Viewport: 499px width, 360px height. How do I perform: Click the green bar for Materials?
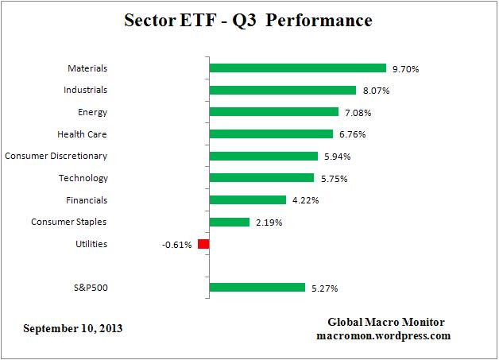[x=297, y=68]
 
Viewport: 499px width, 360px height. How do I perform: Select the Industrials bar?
[x=282, y=90]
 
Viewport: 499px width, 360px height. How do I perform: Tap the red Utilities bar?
[x=203, y=244]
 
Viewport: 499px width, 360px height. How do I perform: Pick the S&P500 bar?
[x=257, y=288]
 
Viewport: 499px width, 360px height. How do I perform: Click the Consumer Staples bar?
[x=229, y=222]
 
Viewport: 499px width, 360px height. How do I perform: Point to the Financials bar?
[x=247, y=199]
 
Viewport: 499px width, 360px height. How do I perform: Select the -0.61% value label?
[x=176, y=245]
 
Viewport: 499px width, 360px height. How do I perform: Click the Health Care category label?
[x=82, y=134]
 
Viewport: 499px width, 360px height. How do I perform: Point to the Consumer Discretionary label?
[x=56, y=156]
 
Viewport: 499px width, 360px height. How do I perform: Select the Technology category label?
[x=83, y=178]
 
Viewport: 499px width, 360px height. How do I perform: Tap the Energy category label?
[x=93, y=112]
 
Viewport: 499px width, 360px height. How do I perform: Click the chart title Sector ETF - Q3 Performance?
[x=248, y=21]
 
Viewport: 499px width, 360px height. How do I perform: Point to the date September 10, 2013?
[x=73, y=327]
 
